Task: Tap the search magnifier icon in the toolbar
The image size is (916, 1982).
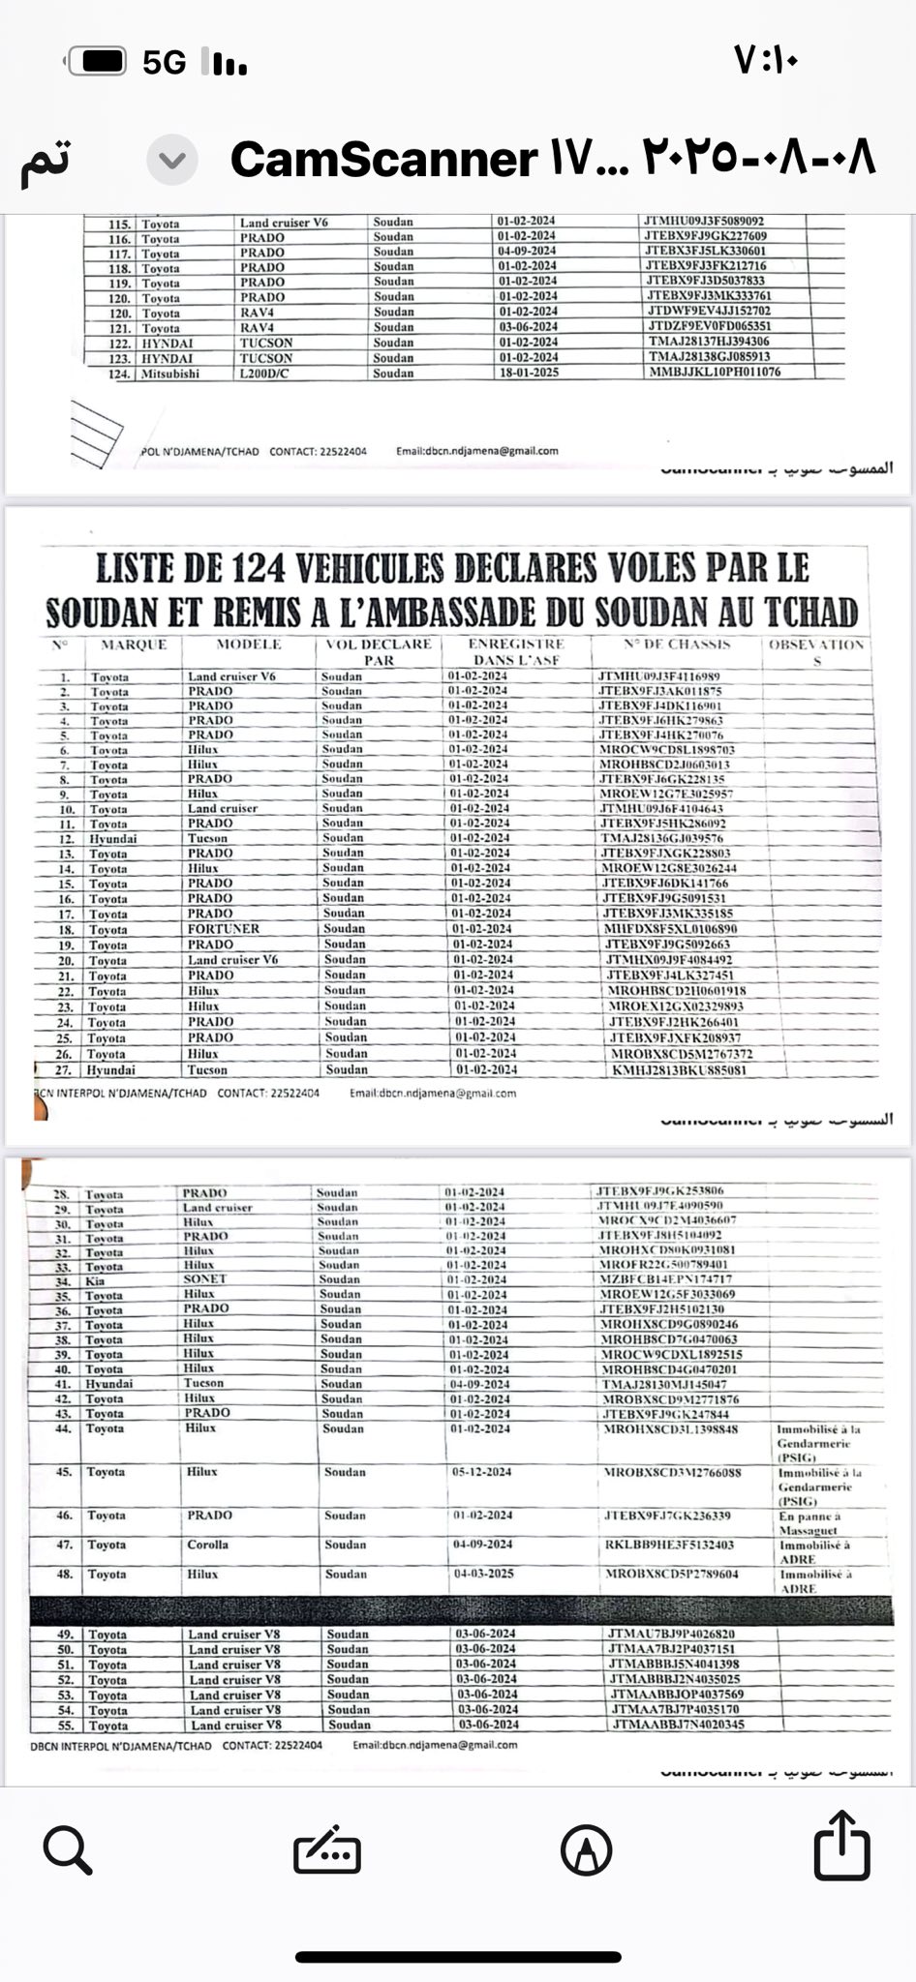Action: click(x=68, y=1850)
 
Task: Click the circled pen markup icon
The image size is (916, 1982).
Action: click(x=586, y=1851)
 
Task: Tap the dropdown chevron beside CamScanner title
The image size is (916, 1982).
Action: click(x=172, y=160)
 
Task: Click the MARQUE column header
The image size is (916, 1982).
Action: click(x=135, y=645)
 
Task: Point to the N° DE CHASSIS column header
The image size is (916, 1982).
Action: click(x=678, y=645)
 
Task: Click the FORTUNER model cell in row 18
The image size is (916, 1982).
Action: click(x=224, y=928)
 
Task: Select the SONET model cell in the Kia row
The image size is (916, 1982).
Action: click(x=204, y=1278)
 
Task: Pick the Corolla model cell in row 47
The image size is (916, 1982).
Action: click(x=207, y=1545)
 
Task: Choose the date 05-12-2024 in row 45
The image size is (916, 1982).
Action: click(x=483, y=1472)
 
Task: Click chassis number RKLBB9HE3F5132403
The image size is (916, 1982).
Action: click(x=669, y=1546)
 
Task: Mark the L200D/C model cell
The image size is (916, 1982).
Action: click(x=266, y=373)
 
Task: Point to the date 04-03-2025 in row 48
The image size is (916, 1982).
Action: click(x=484, y=1574)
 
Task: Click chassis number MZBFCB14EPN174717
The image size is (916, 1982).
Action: click(x=667, y=1279)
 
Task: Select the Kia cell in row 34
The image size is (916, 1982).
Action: click(x=95, y=1280)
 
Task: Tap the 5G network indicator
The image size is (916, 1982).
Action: click(x=164, y=63)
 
